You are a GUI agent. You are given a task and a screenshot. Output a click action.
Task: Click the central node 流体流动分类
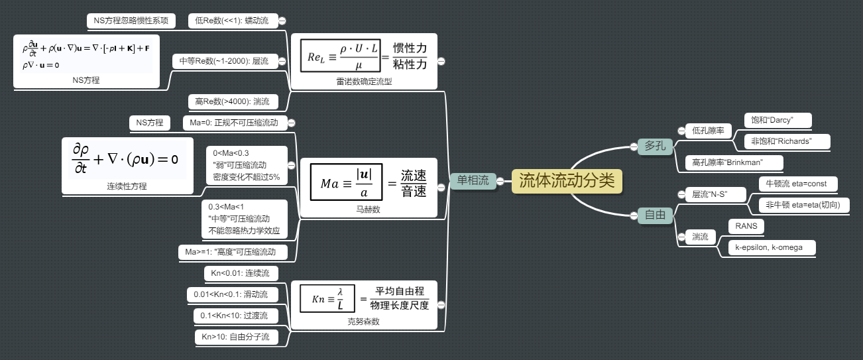tap(567, 180)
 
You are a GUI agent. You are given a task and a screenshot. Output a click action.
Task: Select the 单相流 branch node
tap(473, 180)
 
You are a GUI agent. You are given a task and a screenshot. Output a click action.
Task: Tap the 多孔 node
tap(655, 146)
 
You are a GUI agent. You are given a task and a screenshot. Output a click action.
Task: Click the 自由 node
tap(655, 215)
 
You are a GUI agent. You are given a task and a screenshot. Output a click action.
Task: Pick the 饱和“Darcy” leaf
tap(777, 120)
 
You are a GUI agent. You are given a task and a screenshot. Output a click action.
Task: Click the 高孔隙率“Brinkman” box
tap(733, 162)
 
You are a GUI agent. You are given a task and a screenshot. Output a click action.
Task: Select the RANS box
tap(746, 226)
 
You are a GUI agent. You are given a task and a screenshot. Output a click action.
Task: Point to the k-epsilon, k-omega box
tap(772, 247)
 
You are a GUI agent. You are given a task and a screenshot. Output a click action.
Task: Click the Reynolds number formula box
tap(364, 56)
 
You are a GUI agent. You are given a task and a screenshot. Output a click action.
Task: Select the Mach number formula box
tap(369, 182)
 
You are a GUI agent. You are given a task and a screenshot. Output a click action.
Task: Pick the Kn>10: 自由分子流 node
tap(235, 337)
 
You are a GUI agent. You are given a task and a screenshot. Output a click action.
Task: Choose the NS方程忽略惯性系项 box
tap(131, 21)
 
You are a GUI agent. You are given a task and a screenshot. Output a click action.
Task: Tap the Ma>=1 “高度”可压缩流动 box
tap(236, 252)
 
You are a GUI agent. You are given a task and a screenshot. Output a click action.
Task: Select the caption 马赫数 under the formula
tap(369, 209)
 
